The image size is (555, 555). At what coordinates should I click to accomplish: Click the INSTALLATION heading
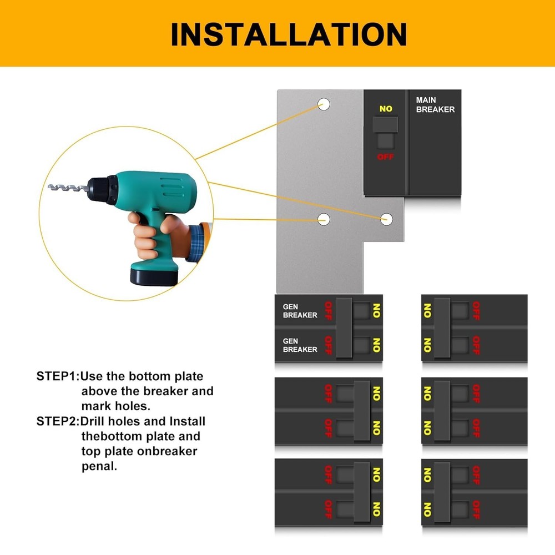pyautogui.click(x=289, y=34)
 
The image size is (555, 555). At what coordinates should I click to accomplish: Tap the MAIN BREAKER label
pyautogui.click(x=435, y=105)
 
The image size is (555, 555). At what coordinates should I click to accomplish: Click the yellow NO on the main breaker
pyautogui.click(x=386, y=109)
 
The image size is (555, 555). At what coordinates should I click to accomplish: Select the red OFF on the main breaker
pyautogui.click(x=386, y=157)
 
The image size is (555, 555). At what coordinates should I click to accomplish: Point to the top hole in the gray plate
pyautogui.click(x=324, y=104)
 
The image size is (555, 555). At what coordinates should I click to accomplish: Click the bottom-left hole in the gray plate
pyautogui.click(x=324, y=219)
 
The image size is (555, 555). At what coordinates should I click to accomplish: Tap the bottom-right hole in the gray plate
pyautogui.click(x=387, y=219)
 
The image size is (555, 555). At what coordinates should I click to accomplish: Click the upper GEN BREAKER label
pyautogui.click(x=300, y=311)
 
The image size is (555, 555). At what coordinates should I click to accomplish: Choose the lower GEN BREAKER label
pyautogui.click(x=300, y=345)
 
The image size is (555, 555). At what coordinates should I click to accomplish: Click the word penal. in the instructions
pyautogui.click(x=99, y=466)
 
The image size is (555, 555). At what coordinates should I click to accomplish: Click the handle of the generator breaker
pyautogui.click(x=344, y=327)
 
